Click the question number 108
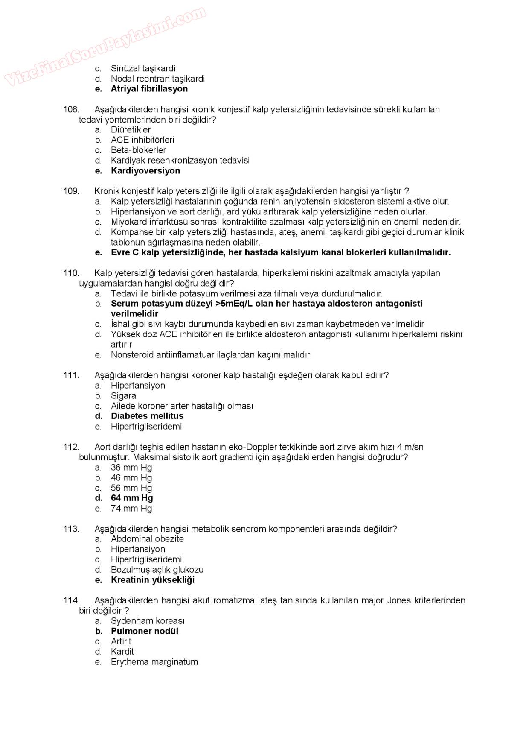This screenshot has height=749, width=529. point(71,109)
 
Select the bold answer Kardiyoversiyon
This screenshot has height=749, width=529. point(145,170)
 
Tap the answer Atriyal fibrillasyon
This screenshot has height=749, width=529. point(149,89)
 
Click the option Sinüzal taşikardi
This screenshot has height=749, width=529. point(143,68)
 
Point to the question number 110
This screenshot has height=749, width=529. point(71,273)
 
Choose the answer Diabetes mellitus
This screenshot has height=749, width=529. point(147,416)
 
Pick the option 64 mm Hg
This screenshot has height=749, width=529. point(132,498)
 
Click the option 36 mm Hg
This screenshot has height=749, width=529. point(131,467)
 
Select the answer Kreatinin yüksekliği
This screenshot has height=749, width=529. point(152,580)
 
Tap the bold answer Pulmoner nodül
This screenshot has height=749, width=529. point(144,631)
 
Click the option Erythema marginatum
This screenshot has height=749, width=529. point(154,662)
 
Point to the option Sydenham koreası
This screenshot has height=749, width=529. point(148,621)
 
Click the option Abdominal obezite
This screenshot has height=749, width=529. point(147,539)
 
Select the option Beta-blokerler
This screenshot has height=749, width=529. point(138,150)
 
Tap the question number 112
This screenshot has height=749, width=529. point(71,447)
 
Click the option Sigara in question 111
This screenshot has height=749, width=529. point(123,395)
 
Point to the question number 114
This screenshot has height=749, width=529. point(71,600)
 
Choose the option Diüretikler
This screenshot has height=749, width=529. point(131,129)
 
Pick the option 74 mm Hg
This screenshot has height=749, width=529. point(131,508)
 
